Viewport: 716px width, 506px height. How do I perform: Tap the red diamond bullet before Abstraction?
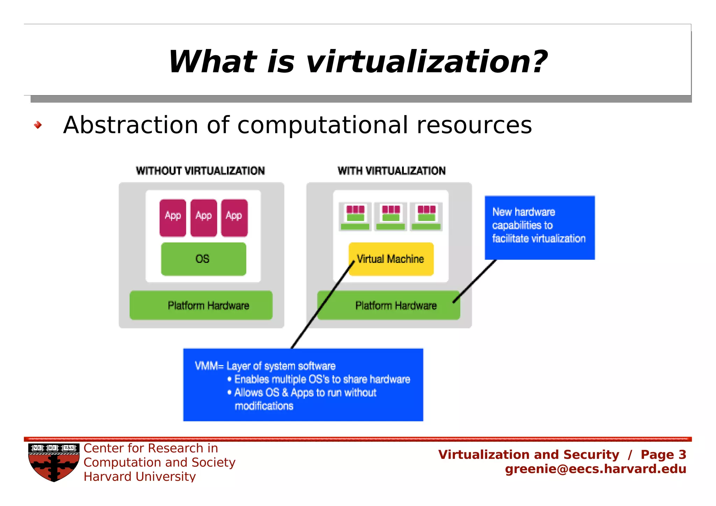[x=38, y=125]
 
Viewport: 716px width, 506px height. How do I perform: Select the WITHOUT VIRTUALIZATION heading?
[x=200, y=171]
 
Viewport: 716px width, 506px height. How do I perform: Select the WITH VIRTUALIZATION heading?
[x=392, y=171]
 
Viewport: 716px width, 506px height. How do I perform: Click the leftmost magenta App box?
[x=173, y=218]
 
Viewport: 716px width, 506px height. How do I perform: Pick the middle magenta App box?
[x=203, y=218]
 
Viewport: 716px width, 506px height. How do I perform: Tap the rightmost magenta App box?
[x=234, y=218]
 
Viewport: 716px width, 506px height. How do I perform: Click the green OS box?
[x=203, y=259]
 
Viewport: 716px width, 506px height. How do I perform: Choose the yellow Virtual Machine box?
[x=391, y=259]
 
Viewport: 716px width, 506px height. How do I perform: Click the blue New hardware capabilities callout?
[x=539, y=228]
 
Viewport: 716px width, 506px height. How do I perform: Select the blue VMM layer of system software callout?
[x=303, y=385]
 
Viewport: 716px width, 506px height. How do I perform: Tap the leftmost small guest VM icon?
[x=355, y=216]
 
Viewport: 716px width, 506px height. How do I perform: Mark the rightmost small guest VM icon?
[x=426, y=216]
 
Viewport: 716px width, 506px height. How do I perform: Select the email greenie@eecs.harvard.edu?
[x=595, y=469]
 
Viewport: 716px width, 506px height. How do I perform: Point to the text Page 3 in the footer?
[x=663, y=455]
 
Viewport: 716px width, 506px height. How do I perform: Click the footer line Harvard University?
[x=139, y=477]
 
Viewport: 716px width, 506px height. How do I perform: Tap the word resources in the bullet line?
[x=474, y=125]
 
